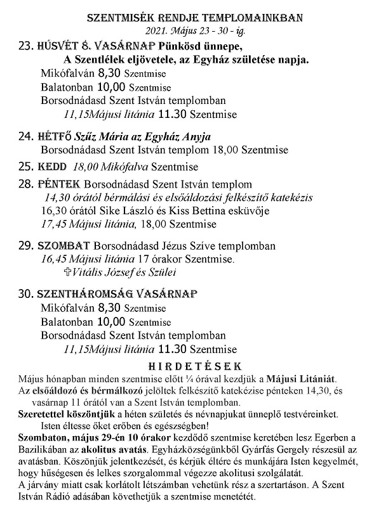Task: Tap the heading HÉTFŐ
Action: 55,136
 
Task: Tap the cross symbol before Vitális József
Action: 70,272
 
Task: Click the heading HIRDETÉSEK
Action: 194,366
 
